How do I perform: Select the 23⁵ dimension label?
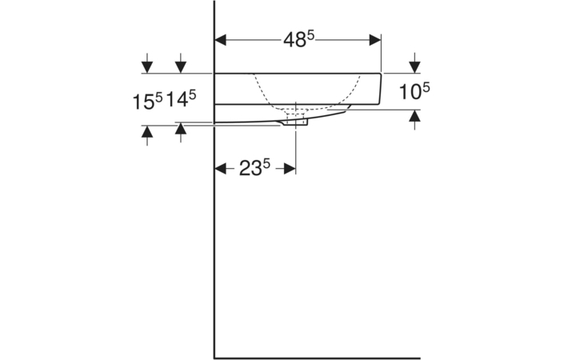255,167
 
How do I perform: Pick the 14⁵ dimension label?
182,100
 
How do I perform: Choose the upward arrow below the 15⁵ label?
147,133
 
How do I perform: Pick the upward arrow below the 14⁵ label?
182,130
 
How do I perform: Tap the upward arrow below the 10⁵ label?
414,118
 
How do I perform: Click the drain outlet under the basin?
295,122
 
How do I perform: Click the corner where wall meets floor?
215,358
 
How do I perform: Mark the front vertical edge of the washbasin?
382,88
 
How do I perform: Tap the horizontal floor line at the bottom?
320,358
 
